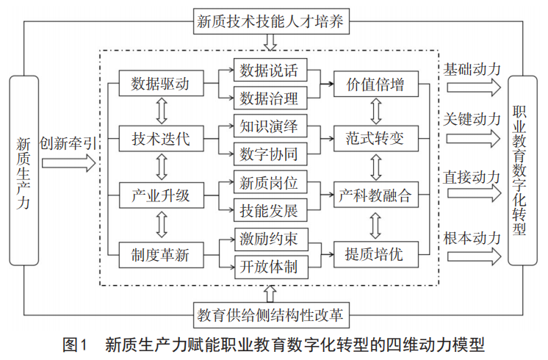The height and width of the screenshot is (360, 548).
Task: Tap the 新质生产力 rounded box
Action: point(24,170)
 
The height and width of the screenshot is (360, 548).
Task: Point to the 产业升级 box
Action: point(160,196)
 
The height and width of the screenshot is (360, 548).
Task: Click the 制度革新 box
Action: point(160,255)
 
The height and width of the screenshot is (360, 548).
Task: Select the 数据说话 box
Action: point(269,71)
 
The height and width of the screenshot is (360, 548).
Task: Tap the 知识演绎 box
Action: point(269,126)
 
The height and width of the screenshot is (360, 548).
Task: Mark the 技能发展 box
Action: point(269,211)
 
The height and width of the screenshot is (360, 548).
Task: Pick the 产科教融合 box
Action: point(375,196)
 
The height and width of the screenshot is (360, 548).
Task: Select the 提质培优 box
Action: point(375,255)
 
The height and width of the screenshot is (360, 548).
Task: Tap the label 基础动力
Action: point(472,69)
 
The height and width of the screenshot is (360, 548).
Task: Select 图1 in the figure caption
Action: point(76,344)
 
